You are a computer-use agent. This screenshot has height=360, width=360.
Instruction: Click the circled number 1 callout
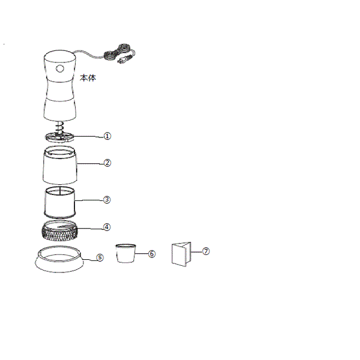click(107, 136)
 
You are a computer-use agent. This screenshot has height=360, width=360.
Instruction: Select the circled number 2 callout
click(107, 163)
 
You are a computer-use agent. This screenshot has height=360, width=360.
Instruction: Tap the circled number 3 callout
click(107, 200)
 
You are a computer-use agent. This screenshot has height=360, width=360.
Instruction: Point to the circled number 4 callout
click(107, 227)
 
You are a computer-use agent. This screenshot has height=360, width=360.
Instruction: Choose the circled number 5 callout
click(100, 257)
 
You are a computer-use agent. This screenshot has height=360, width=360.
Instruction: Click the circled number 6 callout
click(152, 254)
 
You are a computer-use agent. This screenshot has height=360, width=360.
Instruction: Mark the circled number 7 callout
click(206, 251)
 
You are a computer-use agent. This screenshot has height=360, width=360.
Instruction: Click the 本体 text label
click(88, 78)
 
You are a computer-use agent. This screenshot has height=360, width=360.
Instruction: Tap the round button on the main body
click(59, 68)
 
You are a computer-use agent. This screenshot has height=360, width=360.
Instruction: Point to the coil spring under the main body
click(59, 128)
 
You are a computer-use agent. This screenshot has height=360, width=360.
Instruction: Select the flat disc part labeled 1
click(59, 137)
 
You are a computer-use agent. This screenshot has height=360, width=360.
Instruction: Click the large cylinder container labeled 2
click(59, 165)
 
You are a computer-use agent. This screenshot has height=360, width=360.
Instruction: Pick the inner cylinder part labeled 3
click(59, 203)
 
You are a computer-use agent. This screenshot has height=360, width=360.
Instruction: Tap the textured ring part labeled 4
click(59, 230)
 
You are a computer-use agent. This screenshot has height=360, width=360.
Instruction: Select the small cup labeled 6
click(125, 253)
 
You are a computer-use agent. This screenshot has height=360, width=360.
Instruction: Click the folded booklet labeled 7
click(181, 254)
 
